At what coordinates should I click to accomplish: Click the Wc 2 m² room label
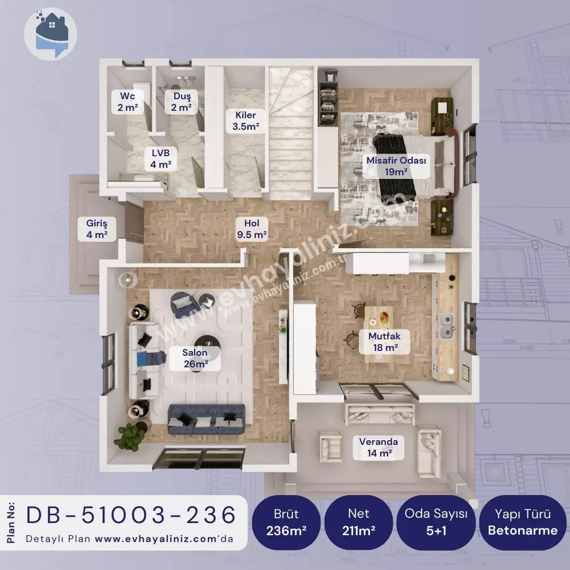127,102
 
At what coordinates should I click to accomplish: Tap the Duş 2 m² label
182,102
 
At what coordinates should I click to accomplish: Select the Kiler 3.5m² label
246,121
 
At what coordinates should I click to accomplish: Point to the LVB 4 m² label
160,158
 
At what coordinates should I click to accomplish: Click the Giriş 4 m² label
97,229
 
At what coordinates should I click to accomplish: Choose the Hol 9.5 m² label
252,229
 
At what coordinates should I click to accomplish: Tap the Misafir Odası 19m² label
396,166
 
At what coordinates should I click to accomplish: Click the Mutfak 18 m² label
385,341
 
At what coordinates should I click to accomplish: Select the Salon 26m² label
195,358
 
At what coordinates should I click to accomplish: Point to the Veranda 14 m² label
378,448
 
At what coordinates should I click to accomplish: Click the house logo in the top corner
51,33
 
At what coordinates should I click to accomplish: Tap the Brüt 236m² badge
286,522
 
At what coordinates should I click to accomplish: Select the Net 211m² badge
358,522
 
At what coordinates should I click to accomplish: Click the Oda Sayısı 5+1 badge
436,522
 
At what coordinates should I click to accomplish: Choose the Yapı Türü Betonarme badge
522,522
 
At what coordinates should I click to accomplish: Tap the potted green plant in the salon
129,437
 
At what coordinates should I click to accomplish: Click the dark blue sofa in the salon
206,419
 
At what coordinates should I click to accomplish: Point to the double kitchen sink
447,327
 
